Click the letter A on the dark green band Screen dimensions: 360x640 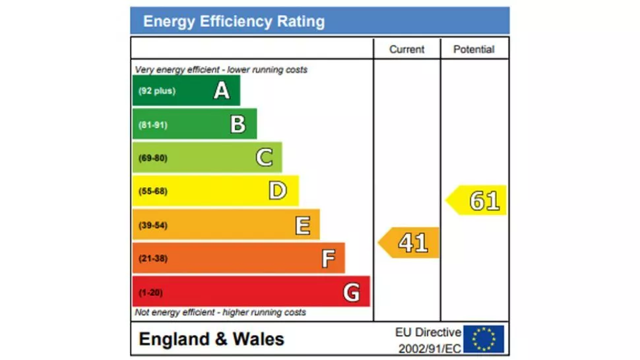pyautogui.click(x=222, y=91)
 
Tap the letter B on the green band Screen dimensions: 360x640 pyautogui.click(x=238, y=125)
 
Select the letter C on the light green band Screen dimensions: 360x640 pyautogui.click(x=264, y=158)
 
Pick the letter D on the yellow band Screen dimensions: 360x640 pyautogui.click(x=278, y=191)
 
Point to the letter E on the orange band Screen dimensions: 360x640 pyautogui.click(x=302, y=225)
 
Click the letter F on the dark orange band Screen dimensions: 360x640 pyautogui.click(x=328, y=258)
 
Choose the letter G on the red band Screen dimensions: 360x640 pyautogui.click(x=352, y=292)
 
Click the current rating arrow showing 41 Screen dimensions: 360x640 pyautogui.click(x=410, y=243)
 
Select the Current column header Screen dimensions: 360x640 pyautogui.click(x=406, y=49)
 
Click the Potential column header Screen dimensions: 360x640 pyautogui.click(x=474, y=49)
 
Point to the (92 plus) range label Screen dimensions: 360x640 pyautogui.click(x=157, y=91)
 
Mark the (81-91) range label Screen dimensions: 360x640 pyautogui.click(x=153, y=125)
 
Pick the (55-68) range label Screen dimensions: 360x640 pyautogui.click(x=153, y=191)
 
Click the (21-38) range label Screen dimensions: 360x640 pyautogui.click(x=153, y=258)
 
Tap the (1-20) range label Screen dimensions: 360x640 pyautogui.click(x=150, y=292)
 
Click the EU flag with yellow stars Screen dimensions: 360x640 pyautogui.click(x=484, y=339)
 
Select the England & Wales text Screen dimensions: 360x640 pyautogui.click(x=212, y=340)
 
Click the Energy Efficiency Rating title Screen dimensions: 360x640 pyautogui.click(x=234, y=22)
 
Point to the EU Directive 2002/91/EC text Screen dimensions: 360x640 pyautogui.click(x=428, y=340)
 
